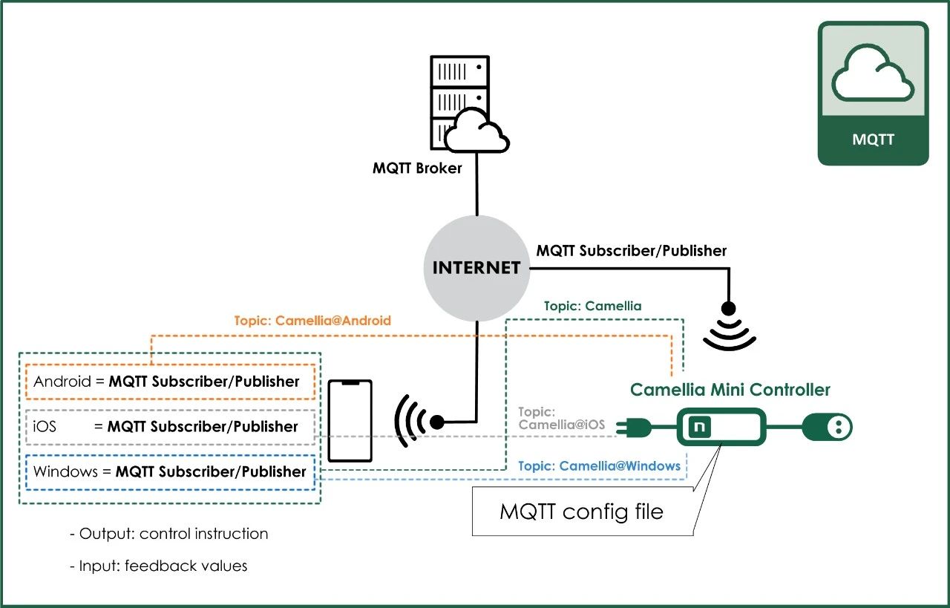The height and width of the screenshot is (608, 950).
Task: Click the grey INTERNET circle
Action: (x=476, y=268)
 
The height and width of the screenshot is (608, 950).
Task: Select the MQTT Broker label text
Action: (x=417, y=168)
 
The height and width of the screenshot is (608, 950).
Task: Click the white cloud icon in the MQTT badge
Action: (x=873, y=74)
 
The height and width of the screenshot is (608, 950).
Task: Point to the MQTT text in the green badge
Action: (x=874, y=140)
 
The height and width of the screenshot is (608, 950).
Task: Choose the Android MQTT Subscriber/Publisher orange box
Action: (x=171, y=382)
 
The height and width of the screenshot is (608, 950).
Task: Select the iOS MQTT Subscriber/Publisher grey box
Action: (x=171, y=427)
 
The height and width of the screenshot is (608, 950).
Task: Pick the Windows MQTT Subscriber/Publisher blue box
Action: (x=171, y=471)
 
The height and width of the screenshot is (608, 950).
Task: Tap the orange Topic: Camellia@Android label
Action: (x=312, y=321)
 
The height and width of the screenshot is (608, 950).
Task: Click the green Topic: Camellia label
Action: (x=592, y=306)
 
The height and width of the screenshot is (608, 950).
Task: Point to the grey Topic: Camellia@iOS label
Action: (x=561, y=418)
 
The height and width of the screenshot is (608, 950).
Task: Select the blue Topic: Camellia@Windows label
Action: (x=598, y=466)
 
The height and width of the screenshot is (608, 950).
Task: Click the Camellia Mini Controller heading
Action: (x=730, y=390)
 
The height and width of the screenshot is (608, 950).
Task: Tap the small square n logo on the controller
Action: (x=698, y=427)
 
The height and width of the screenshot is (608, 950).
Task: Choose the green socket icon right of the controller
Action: (x=827, y=427)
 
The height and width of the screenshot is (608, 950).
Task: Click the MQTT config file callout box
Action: (x=582, y=511)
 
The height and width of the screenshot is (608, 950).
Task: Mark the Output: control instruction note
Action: (x=168, y=534)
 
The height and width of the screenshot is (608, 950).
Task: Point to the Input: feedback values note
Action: (x=158, y=566)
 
